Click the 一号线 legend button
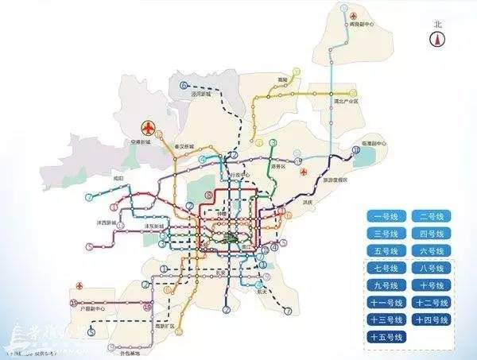coord(386,215)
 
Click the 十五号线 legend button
coord(386,338)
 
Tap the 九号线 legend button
coord(386,285)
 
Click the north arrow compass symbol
coord(436,41)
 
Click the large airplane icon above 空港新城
coord(148,128)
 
